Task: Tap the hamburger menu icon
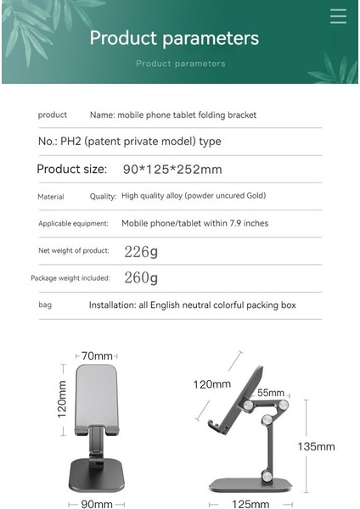338,16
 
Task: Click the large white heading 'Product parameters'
174,38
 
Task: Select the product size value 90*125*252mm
172,169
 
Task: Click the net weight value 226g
141,251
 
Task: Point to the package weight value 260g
141,277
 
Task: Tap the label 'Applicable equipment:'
73,224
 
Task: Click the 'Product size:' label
71,169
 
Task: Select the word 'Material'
51,197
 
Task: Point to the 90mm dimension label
96,504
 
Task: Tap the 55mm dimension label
271,393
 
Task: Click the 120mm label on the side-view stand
211,384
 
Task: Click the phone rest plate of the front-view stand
97,394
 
